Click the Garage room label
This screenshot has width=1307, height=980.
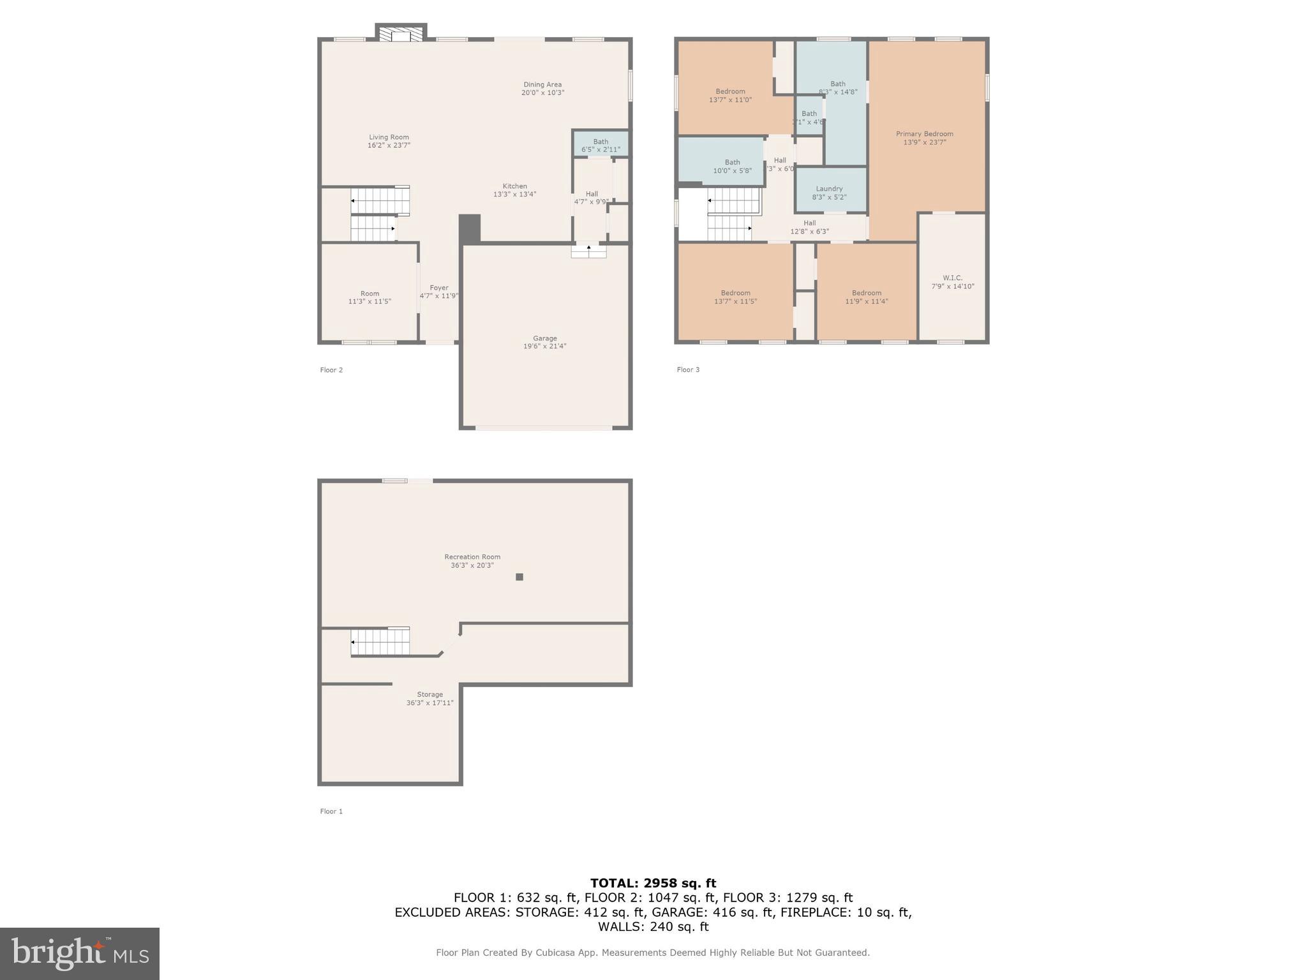[544, 338]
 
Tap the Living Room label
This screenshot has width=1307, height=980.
[389, 137]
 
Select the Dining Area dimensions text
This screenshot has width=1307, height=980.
[542, 93]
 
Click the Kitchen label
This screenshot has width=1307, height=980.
[514, 186]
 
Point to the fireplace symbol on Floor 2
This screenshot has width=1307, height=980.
[401, 34]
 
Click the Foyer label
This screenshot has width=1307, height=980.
[438, 288]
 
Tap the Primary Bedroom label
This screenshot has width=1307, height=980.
[924, 134]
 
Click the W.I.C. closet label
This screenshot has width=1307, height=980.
[952, 278]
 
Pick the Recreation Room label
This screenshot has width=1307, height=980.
[472, 557]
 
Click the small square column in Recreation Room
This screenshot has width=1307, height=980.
[519, 577]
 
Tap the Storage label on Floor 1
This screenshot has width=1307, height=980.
[429, 694]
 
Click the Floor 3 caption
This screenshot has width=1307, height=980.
[688, 370]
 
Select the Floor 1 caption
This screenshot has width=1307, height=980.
[331, 812]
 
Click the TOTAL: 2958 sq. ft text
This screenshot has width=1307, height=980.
[653, 883]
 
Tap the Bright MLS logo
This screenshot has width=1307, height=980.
[80, 953]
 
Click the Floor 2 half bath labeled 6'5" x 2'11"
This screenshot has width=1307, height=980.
[601, 145]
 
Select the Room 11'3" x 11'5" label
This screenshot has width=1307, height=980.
[370, 297]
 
